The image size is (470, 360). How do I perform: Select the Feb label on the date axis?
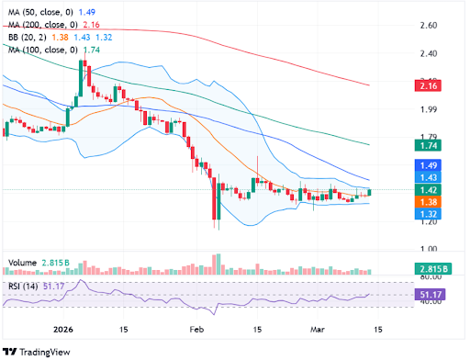196,327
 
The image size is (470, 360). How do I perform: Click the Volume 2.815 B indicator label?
43,263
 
